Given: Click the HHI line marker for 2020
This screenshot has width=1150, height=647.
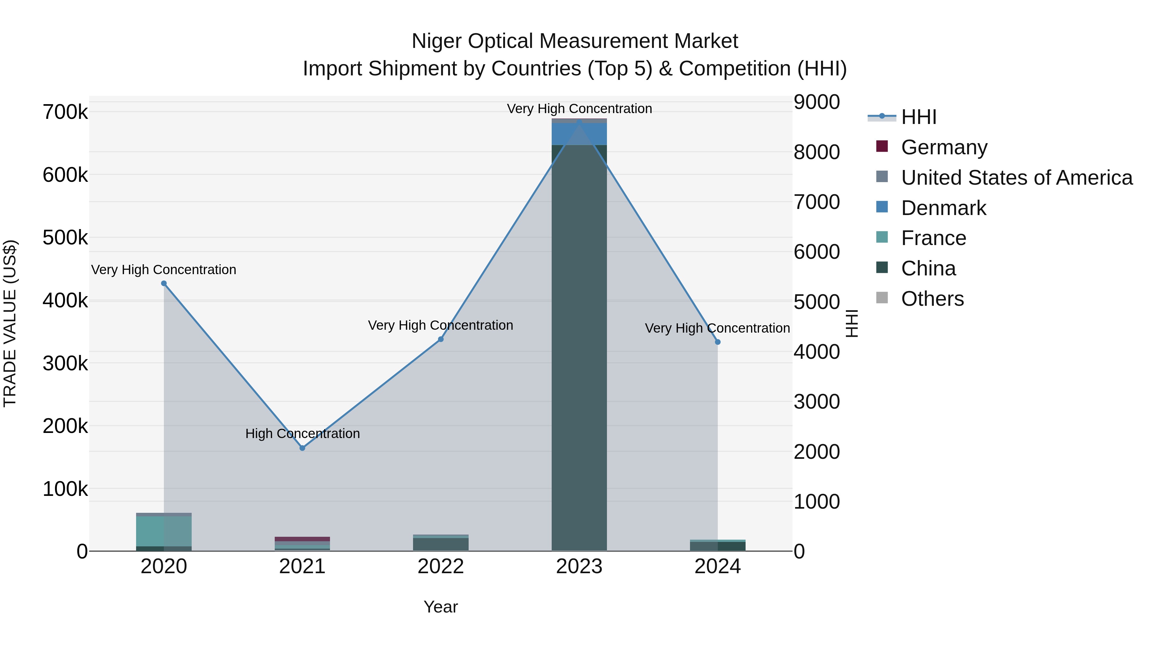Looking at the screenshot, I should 164,283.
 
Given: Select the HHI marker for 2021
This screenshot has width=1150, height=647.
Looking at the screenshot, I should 302,448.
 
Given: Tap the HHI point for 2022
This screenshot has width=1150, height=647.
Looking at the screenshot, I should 441,339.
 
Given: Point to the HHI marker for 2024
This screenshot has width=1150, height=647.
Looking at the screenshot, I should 717,342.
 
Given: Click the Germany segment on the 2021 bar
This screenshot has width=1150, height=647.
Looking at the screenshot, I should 302,539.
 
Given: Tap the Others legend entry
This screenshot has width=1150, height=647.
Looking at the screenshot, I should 932,299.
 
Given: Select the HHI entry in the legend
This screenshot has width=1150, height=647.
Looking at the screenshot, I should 918,117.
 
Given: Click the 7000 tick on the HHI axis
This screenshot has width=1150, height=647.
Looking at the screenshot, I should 816,202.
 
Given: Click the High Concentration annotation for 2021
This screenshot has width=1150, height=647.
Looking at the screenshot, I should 302,434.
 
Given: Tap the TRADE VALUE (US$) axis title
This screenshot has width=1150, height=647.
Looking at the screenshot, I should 10,323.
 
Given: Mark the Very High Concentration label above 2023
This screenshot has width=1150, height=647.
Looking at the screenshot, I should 579,109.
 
